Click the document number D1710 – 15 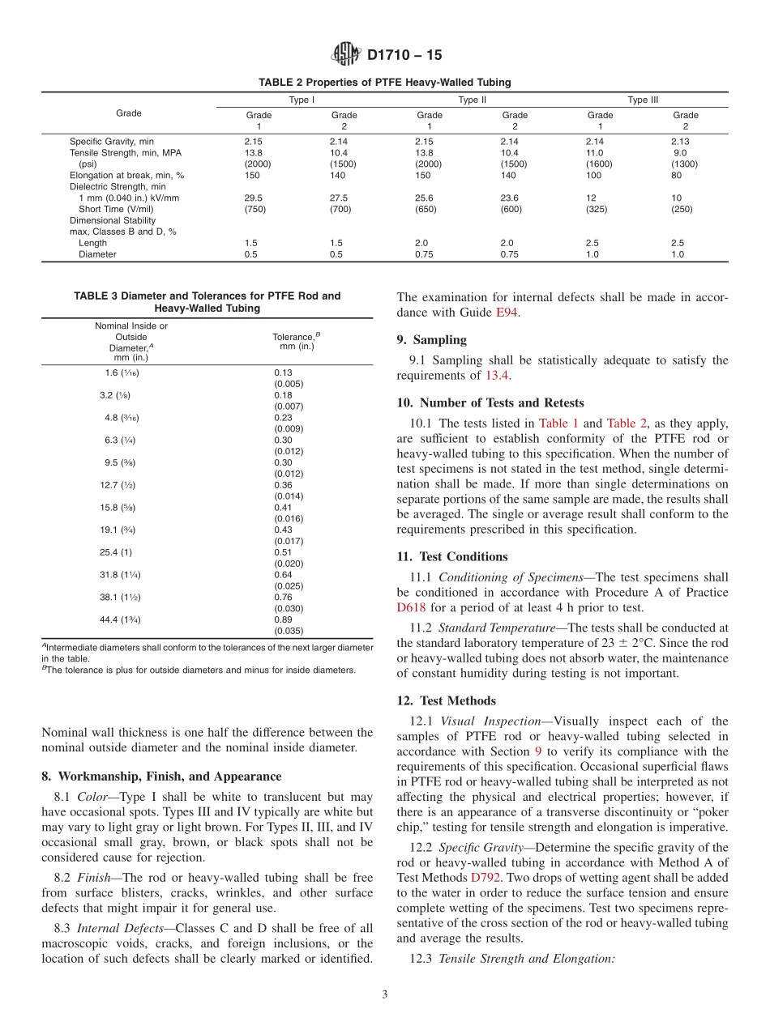pyautogui.click(x=404, y=56)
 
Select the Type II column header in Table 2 pyautogui.click(x=472, y=100)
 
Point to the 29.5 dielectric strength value pyautogui.click(x=254, y=198)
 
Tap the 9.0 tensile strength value pyautogui.click(x=680, y=152)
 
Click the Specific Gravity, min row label pyautogui.click(x=111, y=141)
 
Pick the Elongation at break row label pyautogui.click(x=126, y=175)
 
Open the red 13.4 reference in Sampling pyautogui.click(x=497, y=375)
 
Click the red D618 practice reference pyautogui.click(x=411, y=607)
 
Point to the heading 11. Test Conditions pyautogui.click(x=452, y=557)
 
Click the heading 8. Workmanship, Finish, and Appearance pyautogui.click(x=161, y=776)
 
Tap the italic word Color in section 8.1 pyautogui.click(x=93, y=797)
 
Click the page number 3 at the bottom pyautogui.click(x=384, y=994)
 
